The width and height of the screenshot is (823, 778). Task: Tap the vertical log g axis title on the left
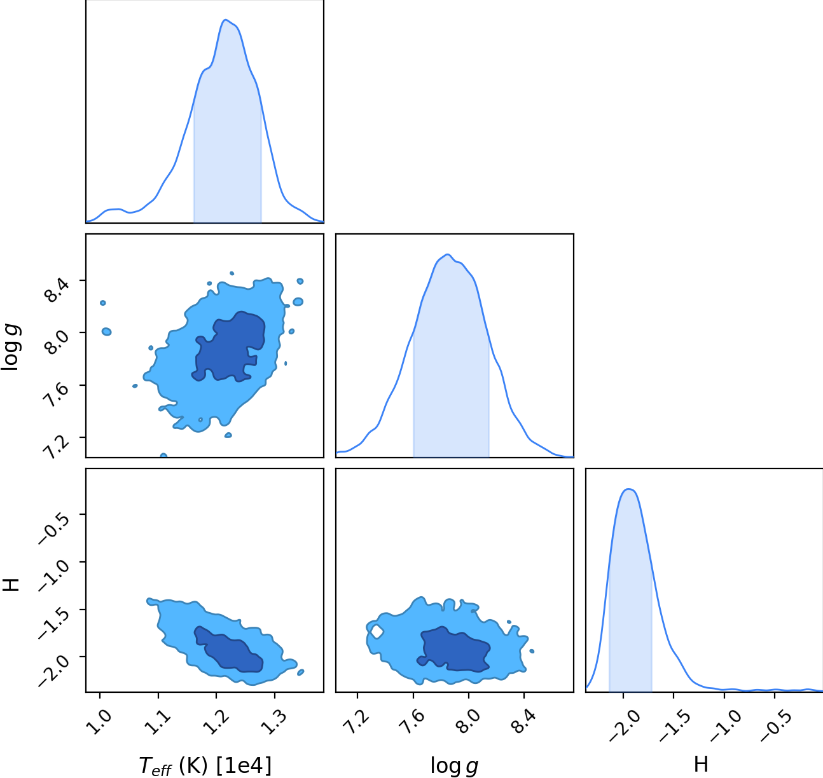point(10,347)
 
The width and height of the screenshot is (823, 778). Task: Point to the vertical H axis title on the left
point(11,585)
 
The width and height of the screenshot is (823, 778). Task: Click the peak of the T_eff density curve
point(226,20)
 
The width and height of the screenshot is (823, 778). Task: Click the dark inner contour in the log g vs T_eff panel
point(230,347)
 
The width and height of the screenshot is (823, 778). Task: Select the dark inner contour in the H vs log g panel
point(454,648)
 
